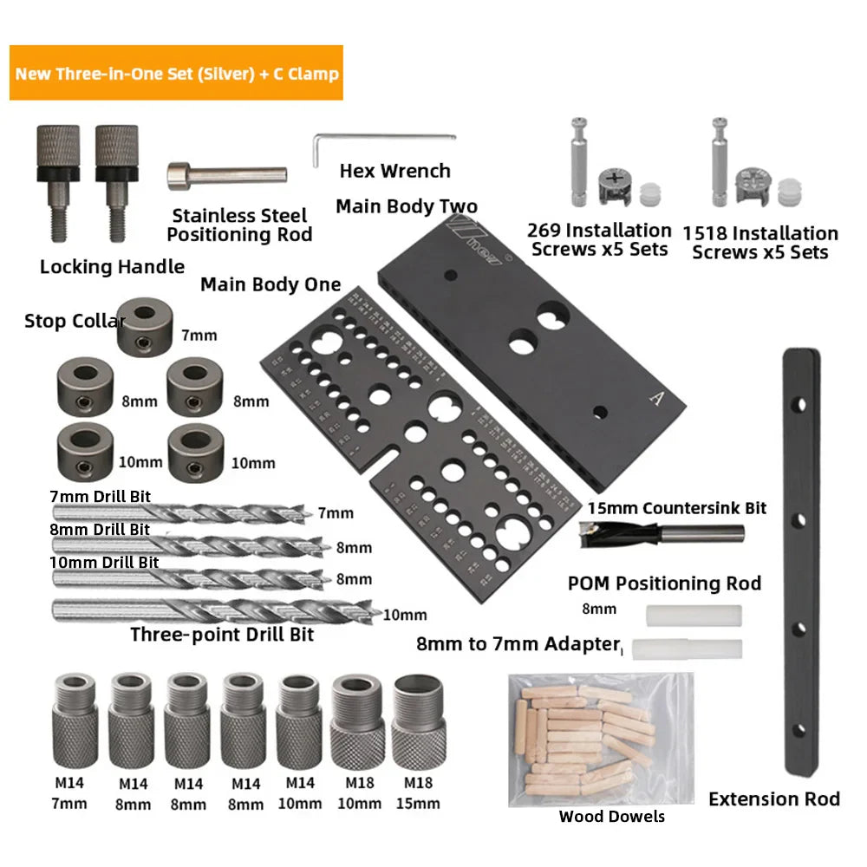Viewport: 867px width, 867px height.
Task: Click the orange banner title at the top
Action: [x=178, y=73]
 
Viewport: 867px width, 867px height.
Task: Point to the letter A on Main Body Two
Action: [x=656, y=398]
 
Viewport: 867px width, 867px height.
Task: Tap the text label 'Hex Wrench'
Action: [x=395, y=171]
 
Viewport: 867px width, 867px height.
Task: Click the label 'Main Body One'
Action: [x=271, y=284]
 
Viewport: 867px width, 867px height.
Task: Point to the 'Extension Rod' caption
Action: [x=774, y=799]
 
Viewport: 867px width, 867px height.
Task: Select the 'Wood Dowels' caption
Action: [x=611, y=816]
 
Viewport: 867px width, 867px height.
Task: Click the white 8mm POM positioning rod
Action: [x=694, y=616]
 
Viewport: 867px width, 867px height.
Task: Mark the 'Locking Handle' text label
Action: [x=112, y=267]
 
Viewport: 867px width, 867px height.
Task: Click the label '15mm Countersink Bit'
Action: [x=676, y=508]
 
